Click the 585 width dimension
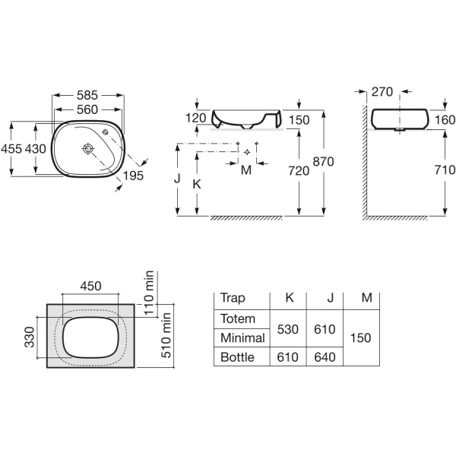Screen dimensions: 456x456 point(87,95)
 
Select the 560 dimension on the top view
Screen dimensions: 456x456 point(87,109)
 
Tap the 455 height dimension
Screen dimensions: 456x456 point(11,149)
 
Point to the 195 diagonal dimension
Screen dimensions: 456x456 point(133,176)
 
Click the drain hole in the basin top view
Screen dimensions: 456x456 point(87,149)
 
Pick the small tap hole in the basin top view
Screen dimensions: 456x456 point(106,131)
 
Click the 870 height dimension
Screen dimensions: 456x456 point(324,162)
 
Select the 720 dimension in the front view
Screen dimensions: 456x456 point(299,171)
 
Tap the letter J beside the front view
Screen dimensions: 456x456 point(177,179)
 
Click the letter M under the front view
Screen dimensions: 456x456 point(246,170)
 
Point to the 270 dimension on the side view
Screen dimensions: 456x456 point(382,92)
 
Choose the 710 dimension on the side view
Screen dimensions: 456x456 point(445,169)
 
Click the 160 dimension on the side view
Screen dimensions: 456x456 point(445,120)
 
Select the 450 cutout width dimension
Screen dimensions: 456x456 point(90,287)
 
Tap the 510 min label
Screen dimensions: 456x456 point(166,335)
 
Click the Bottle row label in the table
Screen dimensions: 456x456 point(237,357)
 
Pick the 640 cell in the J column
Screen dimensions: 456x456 point(325,357)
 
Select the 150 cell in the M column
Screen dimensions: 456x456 point(360,338)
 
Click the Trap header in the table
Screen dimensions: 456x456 point(233,298)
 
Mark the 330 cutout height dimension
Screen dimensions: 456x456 point(30,337)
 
